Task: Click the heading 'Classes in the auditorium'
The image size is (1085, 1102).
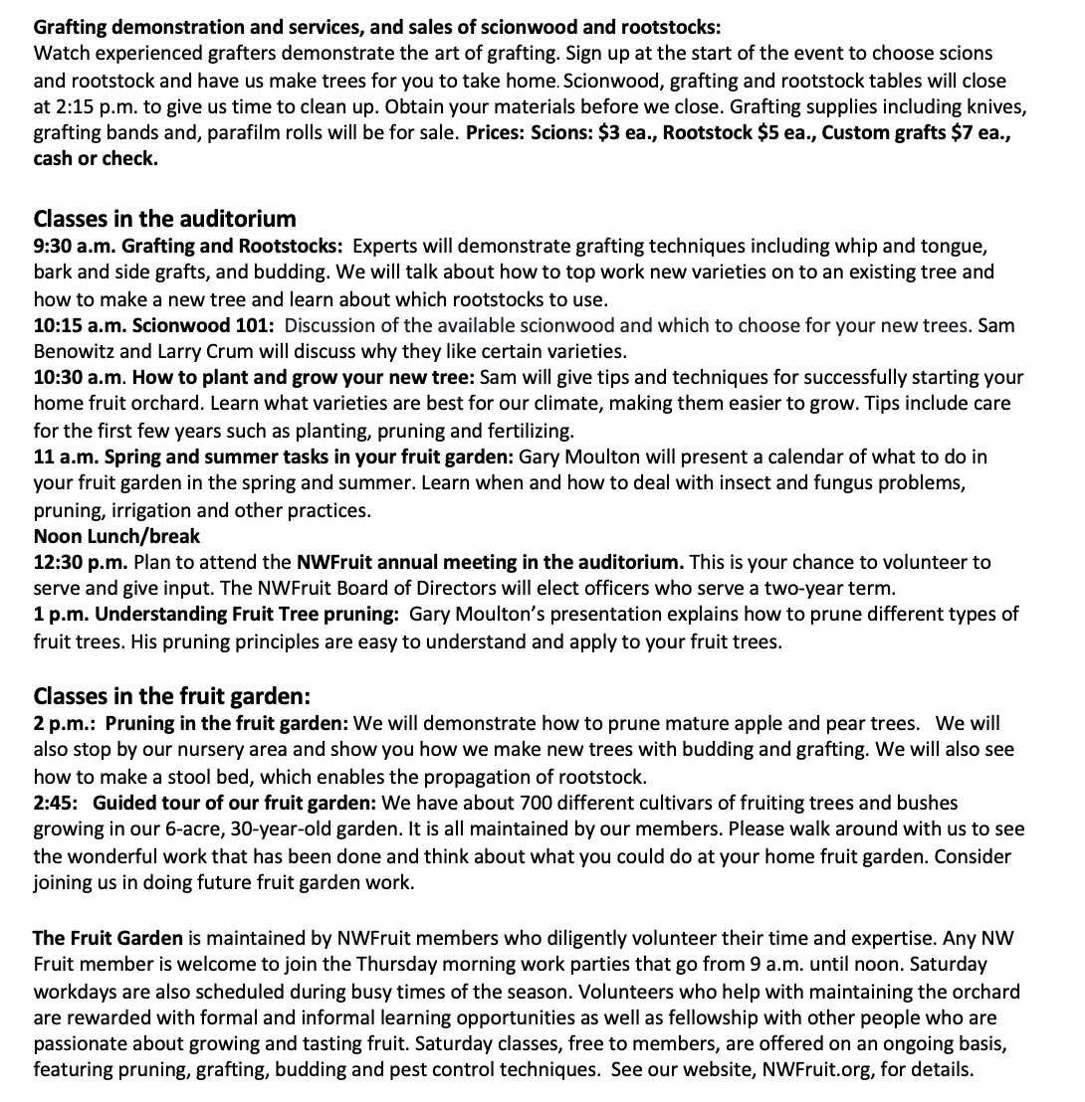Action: point(164,219)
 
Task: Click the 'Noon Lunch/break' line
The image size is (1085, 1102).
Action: point(116,536)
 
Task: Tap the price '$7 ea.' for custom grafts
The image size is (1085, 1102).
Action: point(981,132)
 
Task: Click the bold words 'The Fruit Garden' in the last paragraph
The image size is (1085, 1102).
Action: point(108,938)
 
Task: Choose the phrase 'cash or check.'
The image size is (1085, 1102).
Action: point(96,158)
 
